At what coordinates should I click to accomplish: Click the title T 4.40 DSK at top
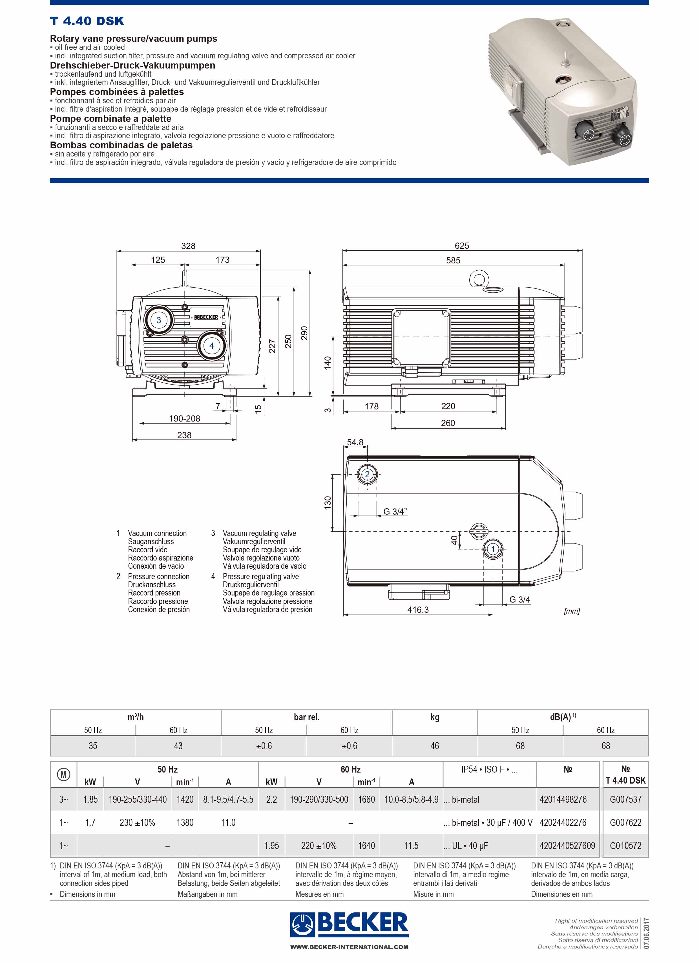pyautogui.click(x=87, y=21)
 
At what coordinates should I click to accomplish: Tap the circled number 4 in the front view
pyautogui.click(x=212, y=346)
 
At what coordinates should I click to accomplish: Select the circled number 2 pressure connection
pyautogui.click(x=367, y=474)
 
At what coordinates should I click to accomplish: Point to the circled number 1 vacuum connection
pyautogui.click(x=493, y=549)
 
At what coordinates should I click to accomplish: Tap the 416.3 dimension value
pyautogui.click(x=418, y=610)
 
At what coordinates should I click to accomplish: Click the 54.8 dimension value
pyautogui.click(x=355, y=442)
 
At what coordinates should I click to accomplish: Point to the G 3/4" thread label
pyautogui.click(x=395, y=511)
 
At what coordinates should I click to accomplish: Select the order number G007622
pyautogui.click(x=625, y=822)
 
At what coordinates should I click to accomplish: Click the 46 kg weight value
pyautogui.click(x=435, y=745)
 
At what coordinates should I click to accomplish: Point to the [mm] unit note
pyautogui.click(x=572, y=611)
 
